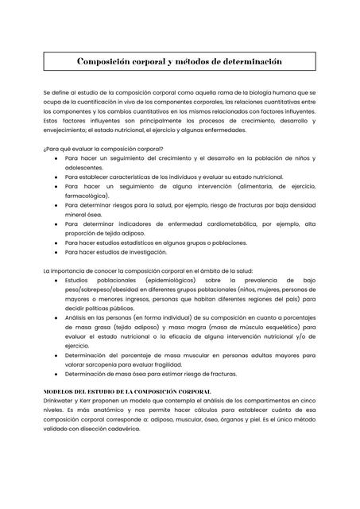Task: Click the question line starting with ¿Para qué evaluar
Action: point(103,149)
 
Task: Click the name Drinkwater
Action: point(62,402)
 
